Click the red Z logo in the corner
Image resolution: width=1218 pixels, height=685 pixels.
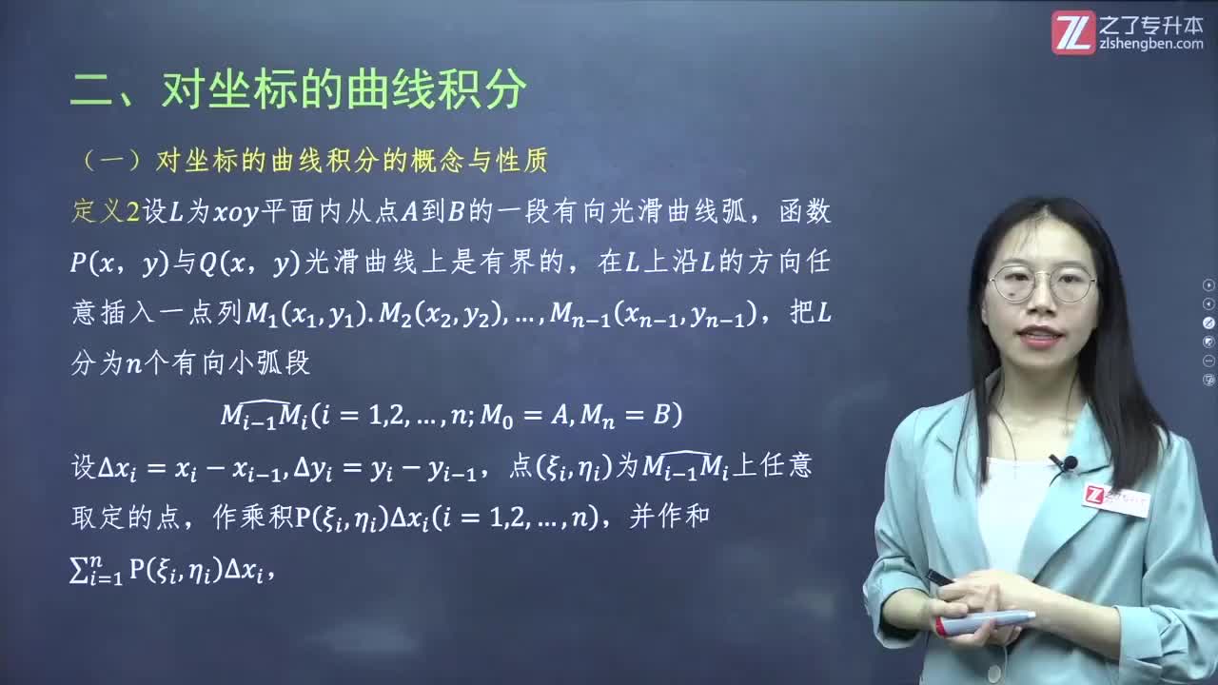click(x=1073, y=31)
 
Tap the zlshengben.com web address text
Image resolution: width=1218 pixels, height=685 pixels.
click(x=1151, y=44)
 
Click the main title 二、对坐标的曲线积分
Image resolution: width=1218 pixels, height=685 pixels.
click(x=298, y=91)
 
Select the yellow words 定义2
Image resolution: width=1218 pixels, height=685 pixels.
click(x=106, y=211)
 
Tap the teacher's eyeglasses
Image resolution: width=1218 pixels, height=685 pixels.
click(x=1042, y=283)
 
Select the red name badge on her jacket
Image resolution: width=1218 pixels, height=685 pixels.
click(x=1114, y=498)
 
